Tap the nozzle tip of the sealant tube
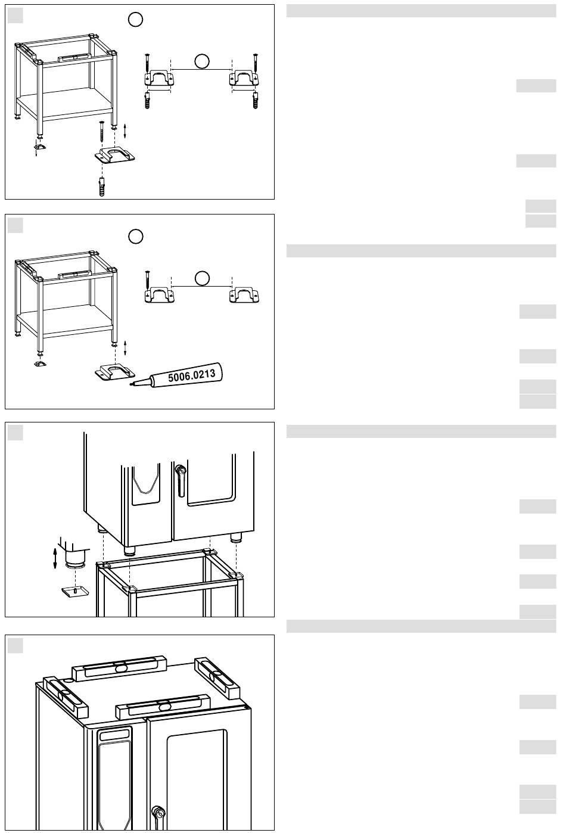tap(130, 384)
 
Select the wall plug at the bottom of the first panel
tap(101, 187)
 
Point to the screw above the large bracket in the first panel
tap(101, 131)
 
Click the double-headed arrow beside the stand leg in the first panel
tap(125, 130)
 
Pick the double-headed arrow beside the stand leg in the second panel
tap(125, 348)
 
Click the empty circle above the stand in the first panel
tap(135, 19)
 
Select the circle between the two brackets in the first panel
tap(202, 61)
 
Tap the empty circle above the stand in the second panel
tap(135, 237)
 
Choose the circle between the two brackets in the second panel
tap(202, 278)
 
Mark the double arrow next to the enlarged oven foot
tap(55, 558)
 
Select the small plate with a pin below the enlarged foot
tap(76, 592)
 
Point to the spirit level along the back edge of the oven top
tap(119, 669)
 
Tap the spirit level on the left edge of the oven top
tap(66, 697)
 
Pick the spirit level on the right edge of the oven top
tap(215, 676)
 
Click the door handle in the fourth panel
tap(158, 818)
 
